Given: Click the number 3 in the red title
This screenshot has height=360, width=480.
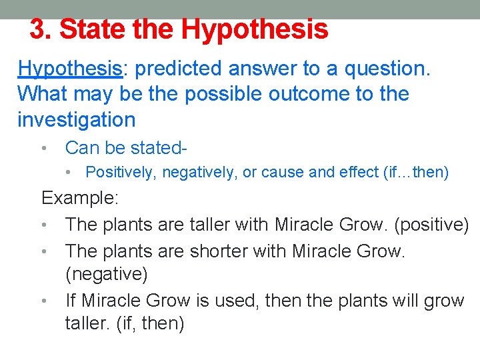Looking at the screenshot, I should [39, 29].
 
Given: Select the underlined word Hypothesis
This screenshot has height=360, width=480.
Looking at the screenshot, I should [69, 69].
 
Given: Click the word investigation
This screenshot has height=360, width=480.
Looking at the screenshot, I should [76, 120].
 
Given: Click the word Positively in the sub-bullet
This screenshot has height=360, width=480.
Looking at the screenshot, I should [121, 172].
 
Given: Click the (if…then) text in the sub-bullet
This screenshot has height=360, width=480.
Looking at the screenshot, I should [416, 172].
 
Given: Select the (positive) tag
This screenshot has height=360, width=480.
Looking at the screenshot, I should [432, 224].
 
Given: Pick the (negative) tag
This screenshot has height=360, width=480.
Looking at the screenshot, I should [107, 274].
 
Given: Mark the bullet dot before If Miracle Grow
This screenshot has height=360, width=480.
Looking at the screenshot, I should [43, 301].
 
